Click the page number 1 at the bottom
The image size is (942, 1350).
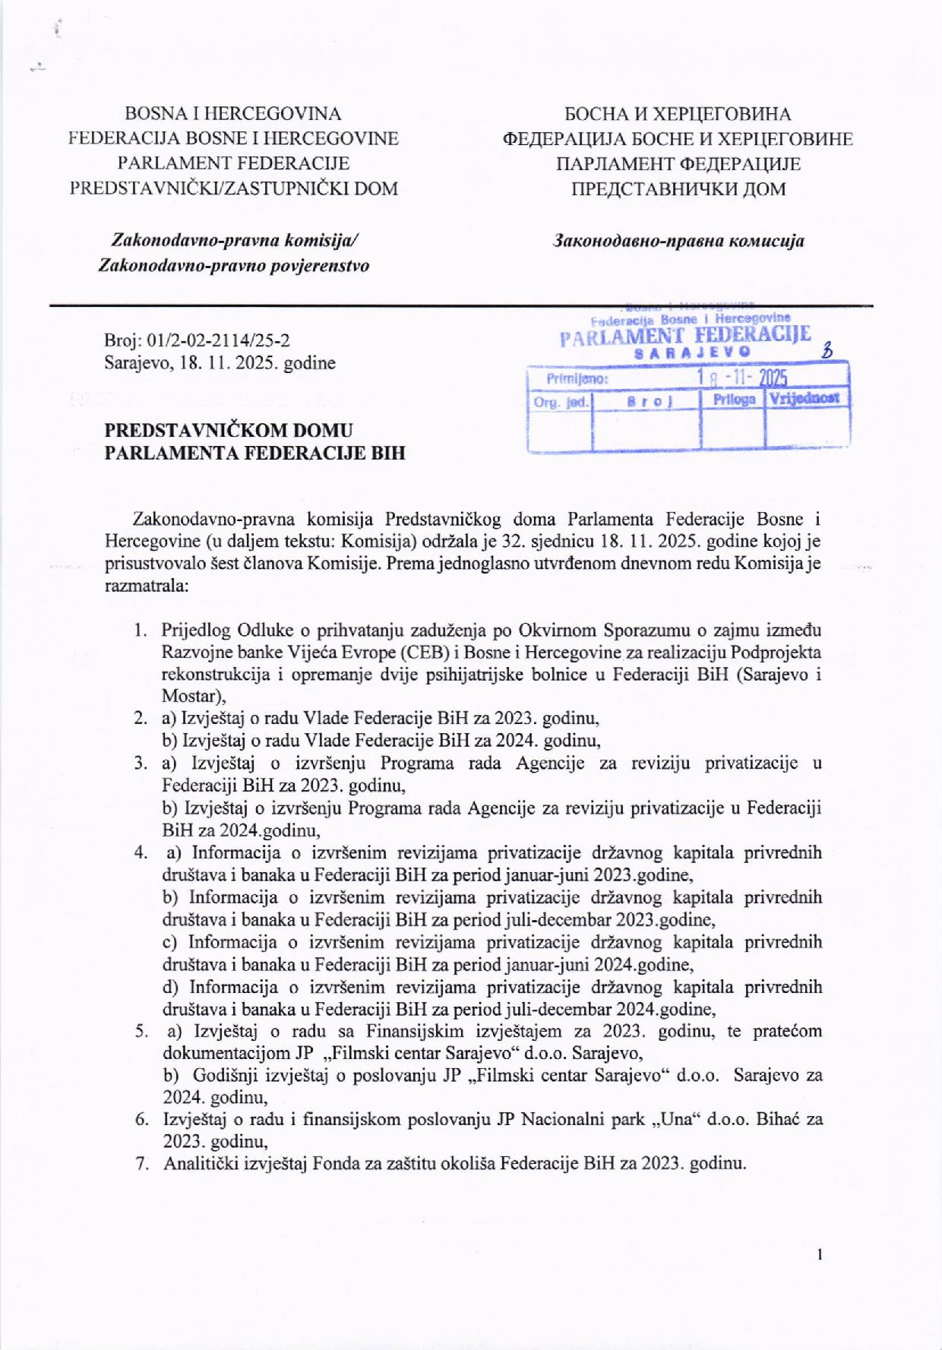(x=820, y=1254)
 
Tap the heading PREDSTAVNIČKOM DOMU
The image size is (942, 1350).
(x=229, y=431)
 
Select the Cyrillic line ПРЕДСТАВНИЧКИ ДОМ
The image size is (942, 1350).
(x=678, y=188)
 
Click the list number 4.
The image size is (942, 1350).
(x=141, y=852)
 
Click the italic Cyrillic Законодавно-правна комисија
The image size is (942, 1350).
(x=678, y=242)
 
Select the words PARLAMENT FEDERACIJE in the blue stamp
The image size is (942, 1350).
(x=684, y=335)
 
